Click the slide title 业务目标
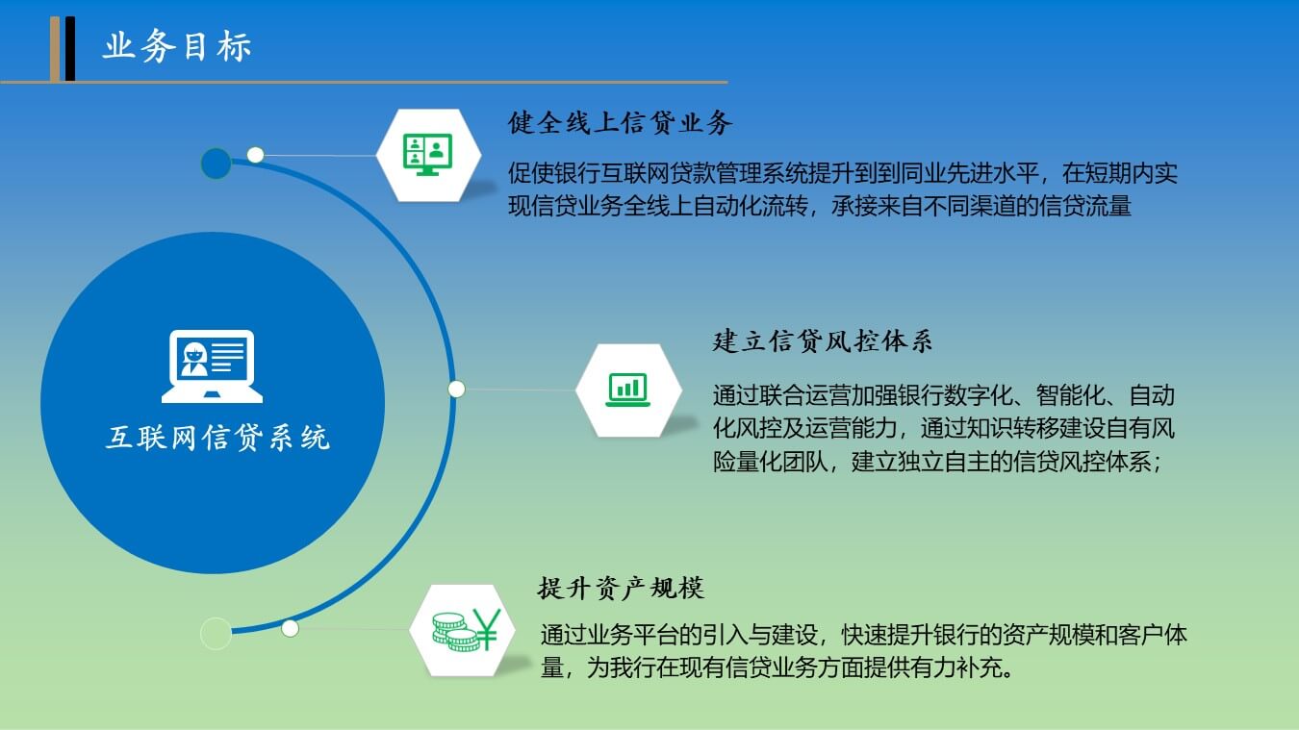pos(177,46)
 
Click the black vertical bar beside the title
pos(70,49)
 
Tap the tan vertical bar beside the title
pos(55,49)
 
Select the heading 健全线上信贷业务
pos(620,123)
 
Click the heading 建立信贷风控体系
pos(823,340)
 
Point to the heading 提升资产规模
pos(621,588)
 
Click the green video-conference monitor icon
pos(428,155)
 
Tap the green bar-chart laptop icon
pos(628,390)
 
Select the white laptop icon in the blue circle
pos(212,366)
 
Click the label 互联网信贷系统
pos(217,438)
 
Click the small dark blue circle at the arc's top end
pos(216,163)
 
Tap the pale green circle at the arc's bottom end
pos(216,633)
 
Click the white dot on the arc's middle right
pos(456,389)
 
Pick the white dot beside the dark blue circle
pos(255,155)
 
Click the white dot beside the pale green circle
pos(290,628)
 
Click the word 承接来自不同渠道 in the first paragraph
pos(923,206)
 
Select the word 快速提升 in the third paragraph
pos(887,635)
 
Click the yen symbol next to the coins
pos(486,628)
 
